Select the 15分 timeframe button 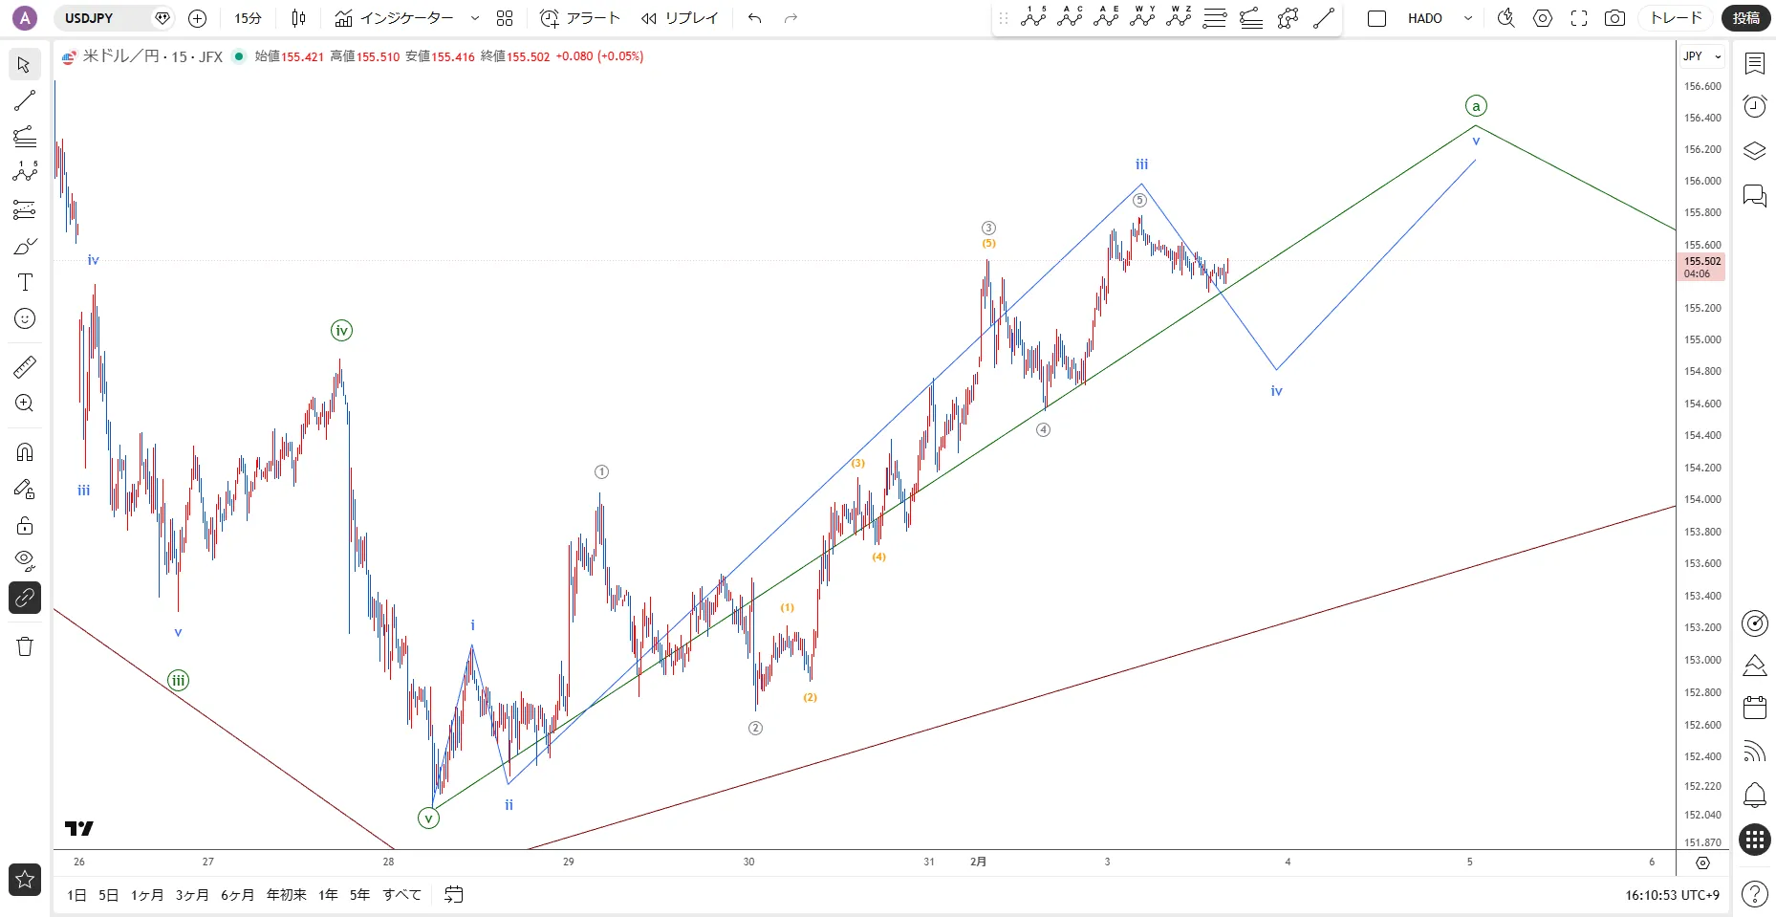pyautogui.click(x=248, y=18)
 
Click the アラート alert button pyautogui.click(x=580, y=18)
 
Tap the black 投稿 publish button pyautogui.click(x=1745, y=18)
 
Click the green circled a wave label pyautogui.click(x=1476, y=106)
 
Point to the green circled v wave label pyautogui.click(x=428, y=819)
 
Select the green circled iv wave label pyautogui.click(x=341, y=331)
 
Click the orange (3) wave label pyautogui.click(x=858, y=463)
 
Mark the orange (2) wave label pyautogui.click(x=811, y=697)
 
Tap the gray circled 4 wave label pyautogui.click(x=1043, y=430)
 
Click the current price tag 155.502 pyautogui.click(x=1701, y=261)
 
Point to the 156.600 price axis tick pyautogui.click(x=1701, y=86)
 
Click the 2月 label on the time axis pyautogui.click(x=978, y=862)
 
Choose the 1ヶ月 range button pyautogui.click(x=147, y=895)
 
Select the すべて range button pyautogui.click(x=401, y=895)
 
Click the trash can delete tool pyautogui.click(x=25, y=646)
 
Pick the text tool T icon pyautogui.click(x=25, y=282)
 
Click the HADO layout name pyautogui.click(x=1424, y=18)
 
